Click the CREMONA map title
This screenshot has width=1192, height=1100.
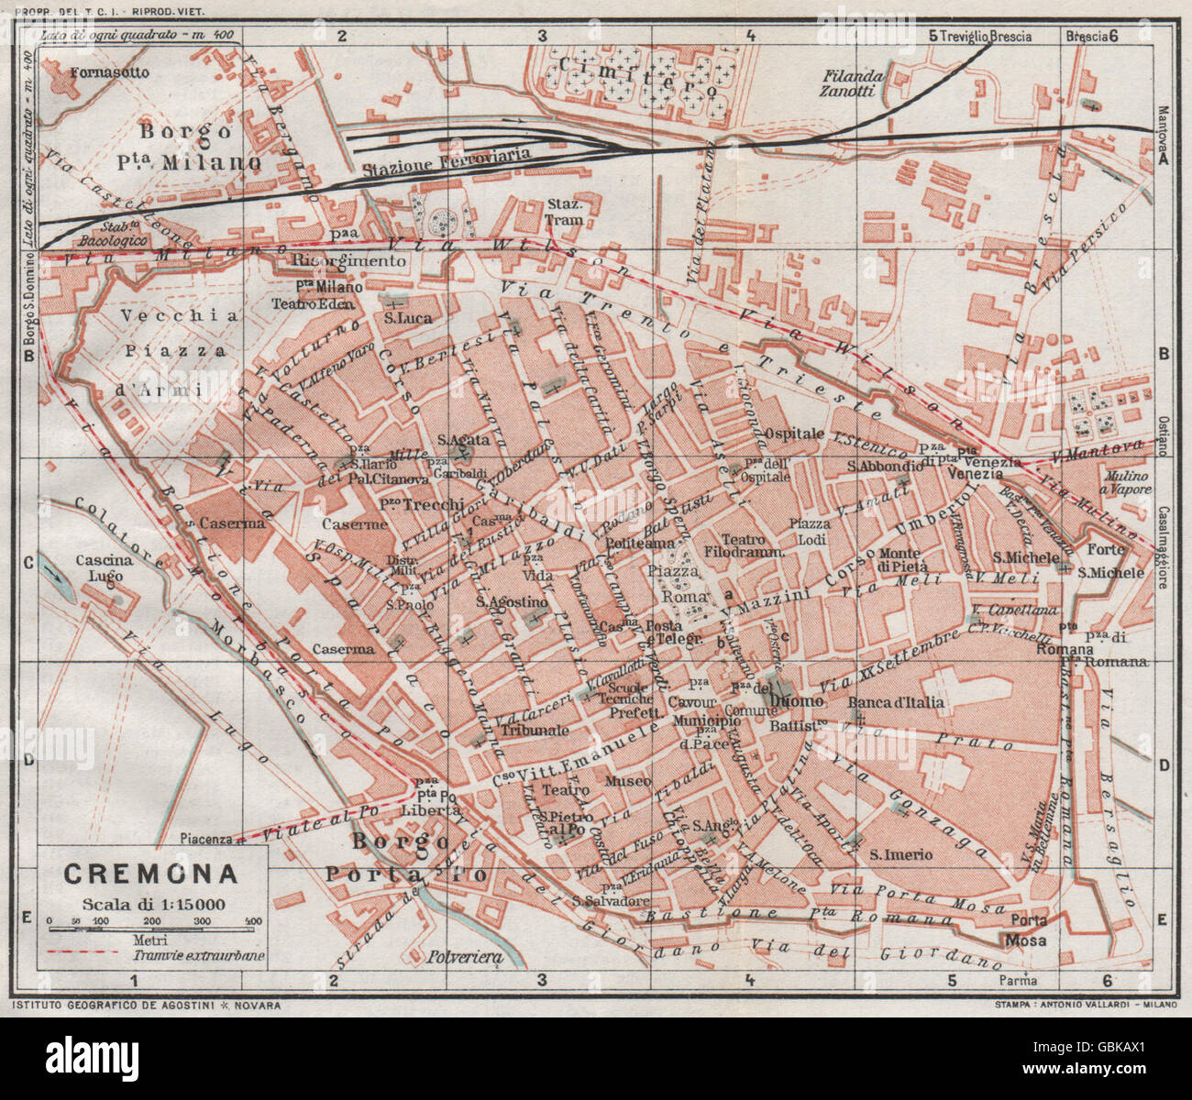pyautogui.click(x=150, y=874)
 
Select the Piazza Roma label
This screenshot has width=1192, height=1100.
pyautogui.click(x=679, y=583)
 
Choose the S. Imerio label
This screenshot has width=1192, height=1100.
pyautogui.click(x=901, y=854)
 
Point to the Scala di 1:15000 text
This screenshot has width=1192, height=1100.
pyautogui.click(x=152, y=902)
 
